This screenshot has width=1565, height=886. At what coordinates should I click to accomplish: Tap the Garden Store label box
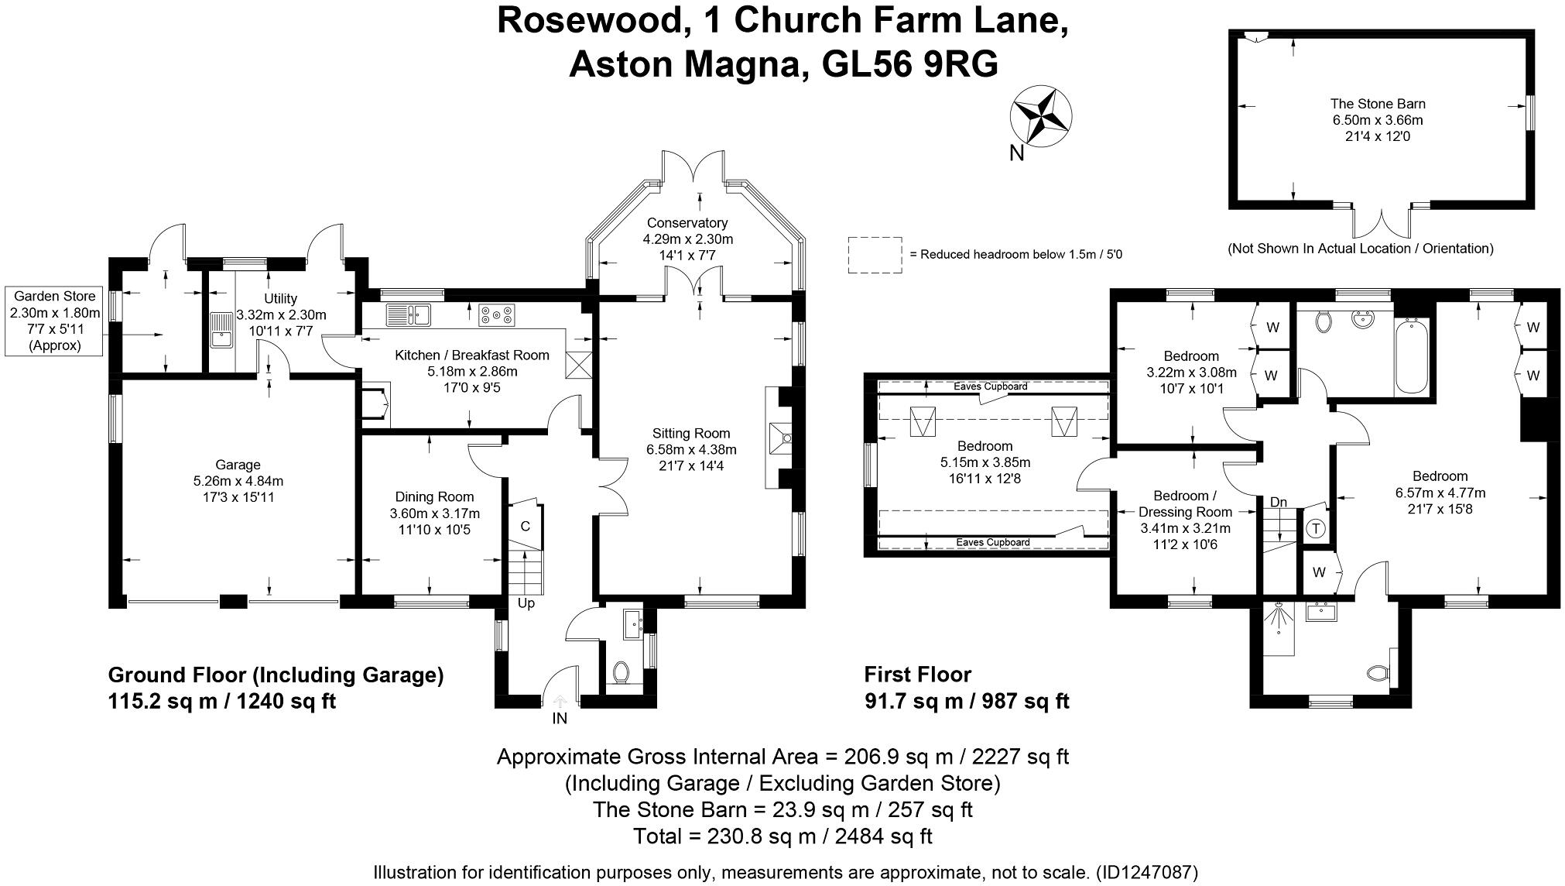tap(54, 321)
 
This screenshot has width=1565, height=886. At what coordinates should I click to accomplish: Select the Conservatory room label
tap(687, 223)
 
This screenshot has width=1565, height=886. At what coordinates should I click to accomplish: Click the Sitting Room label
tap(690, 433)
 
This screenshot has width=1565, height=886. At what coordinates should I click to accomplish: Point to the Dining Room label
tap(434, 496)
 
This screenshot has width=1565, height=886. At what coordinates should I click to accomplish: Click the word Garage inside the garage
tap(238, 465)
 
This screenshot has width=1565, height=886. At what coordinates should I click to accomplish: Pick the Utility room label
tap(280, 298)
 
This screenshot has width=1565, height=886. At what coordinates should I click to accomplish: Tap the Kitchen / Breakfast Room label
tap(472, 355)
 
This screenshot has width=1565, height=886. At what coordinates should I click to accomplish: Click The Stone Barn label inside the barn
tap(1377, 104)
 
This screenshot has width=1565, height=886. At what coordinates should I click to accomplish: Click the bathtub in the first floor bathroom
tap(1413, 357)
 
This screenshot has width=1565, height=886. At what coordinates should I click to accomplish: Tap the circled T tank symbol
tap(1316, 529)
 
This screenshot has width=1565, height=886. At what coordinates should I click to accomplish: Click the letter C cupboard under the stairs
tap(525, 527)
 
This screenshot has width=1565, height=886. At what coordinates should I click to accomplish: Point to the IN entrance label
tap(559, 719)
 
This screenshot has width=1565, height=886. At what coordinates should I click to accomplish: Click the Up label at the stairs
tap(526, 603)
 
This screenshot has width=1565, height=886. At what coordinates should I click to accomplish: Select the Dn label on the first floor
tap(1278, 502)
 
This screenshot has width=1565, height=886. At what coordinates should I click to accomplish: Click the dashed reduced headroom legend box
tap(875, 255)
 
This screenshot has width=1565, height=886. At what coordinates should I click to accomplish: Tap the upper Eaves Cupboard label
tap(990, 386)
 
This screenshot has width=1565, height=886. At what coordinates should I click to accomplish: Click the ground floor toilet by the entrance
tap(621, 672)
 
